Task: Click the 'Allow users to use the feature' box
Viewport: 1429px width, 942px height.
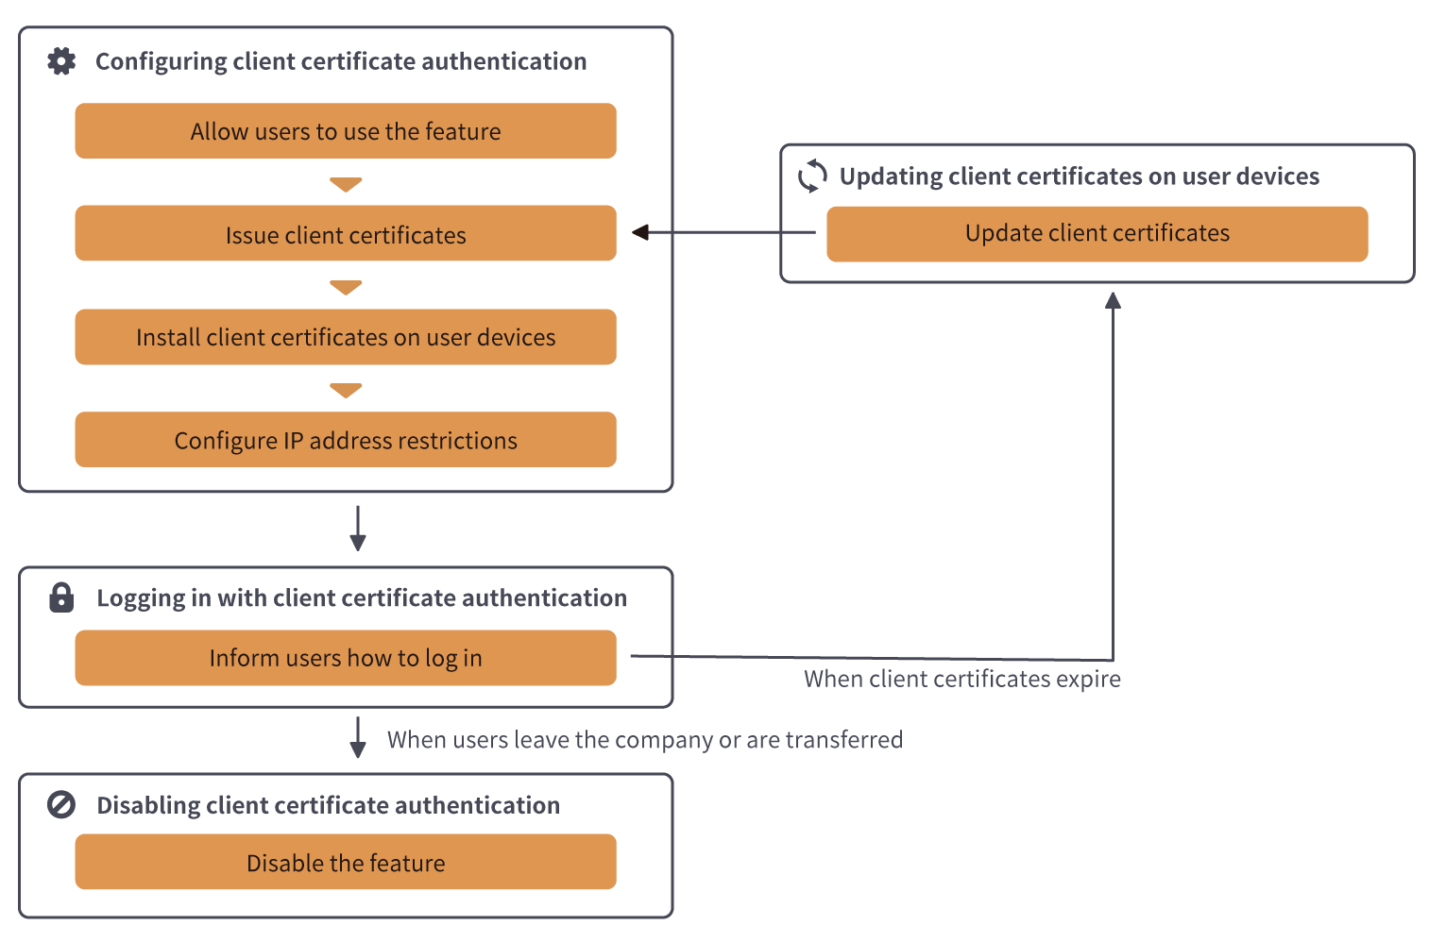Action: pyautogui.click(x=346, y=131)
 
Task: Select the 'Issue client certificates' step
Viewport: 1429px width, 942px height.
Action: pyautogui.click(x=346, y=234)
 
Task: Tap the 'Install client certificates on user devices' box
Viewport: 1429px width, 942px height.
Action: pyautogui.click(x=346, y=337)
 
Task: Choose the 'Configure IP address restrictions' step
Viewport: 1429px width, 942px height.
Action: pyautogui.click(x=346, y=440)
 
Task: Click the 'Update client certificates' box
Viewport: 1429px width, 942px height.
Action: pyautogui.click(x=1097, y=233)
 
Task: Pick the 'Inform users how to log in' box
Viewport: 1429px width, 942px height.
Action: pyautogui.click(x=346, y=658)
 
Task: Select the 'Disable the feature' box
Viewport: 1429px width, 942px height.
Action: pyautogui.click(x=346, y=862)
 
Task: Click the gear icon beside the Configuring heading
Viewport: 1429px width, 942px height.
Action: pyautogui.click(x=61, y=61)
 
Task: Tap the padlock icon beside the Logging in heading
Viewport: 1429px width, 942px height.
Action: pyautogui.click(x=61, y=597)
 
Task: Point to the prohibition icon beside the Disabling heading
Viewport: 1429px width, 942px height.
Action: pyautogui.click(x=61, y=805)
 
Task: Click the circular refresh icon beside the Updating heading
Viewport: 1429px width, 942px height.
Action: pyautogui.click(x=812, y=176)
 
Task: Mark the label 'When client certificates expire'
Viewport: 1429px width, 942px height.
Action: pyautogui.click(x=961, y=679)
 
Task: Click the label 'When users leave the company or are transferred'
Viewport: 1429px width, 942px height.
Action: pyautogui.click(x=644, y=739)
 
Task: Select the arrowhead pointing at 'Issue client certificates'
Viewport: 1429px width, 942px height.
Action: pyautogui.click(x=640, y=232)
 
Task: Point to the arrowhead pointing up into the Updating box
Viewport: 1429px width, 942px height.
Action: pyautogui.click(x=1113, y=300)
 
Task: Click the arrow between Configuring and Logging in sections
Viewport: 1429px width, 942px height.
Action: pyautogui.click(x=358, y=529)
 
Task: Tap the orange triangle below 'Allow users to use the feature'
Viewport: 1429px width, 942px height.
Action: pyautogui.click(x=346, y=184)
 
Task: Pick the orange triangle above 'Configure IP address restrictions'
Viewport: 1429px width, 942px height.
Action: pyautogui.click(x=346, y=390)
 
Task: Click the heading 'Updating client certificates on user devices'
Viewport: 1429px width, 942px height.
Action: pyautogui.click(x=1079, y=177)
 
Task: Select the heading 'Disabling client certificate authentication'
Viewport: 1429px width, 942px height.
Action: pyautogui.click(x=328, y=805)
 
